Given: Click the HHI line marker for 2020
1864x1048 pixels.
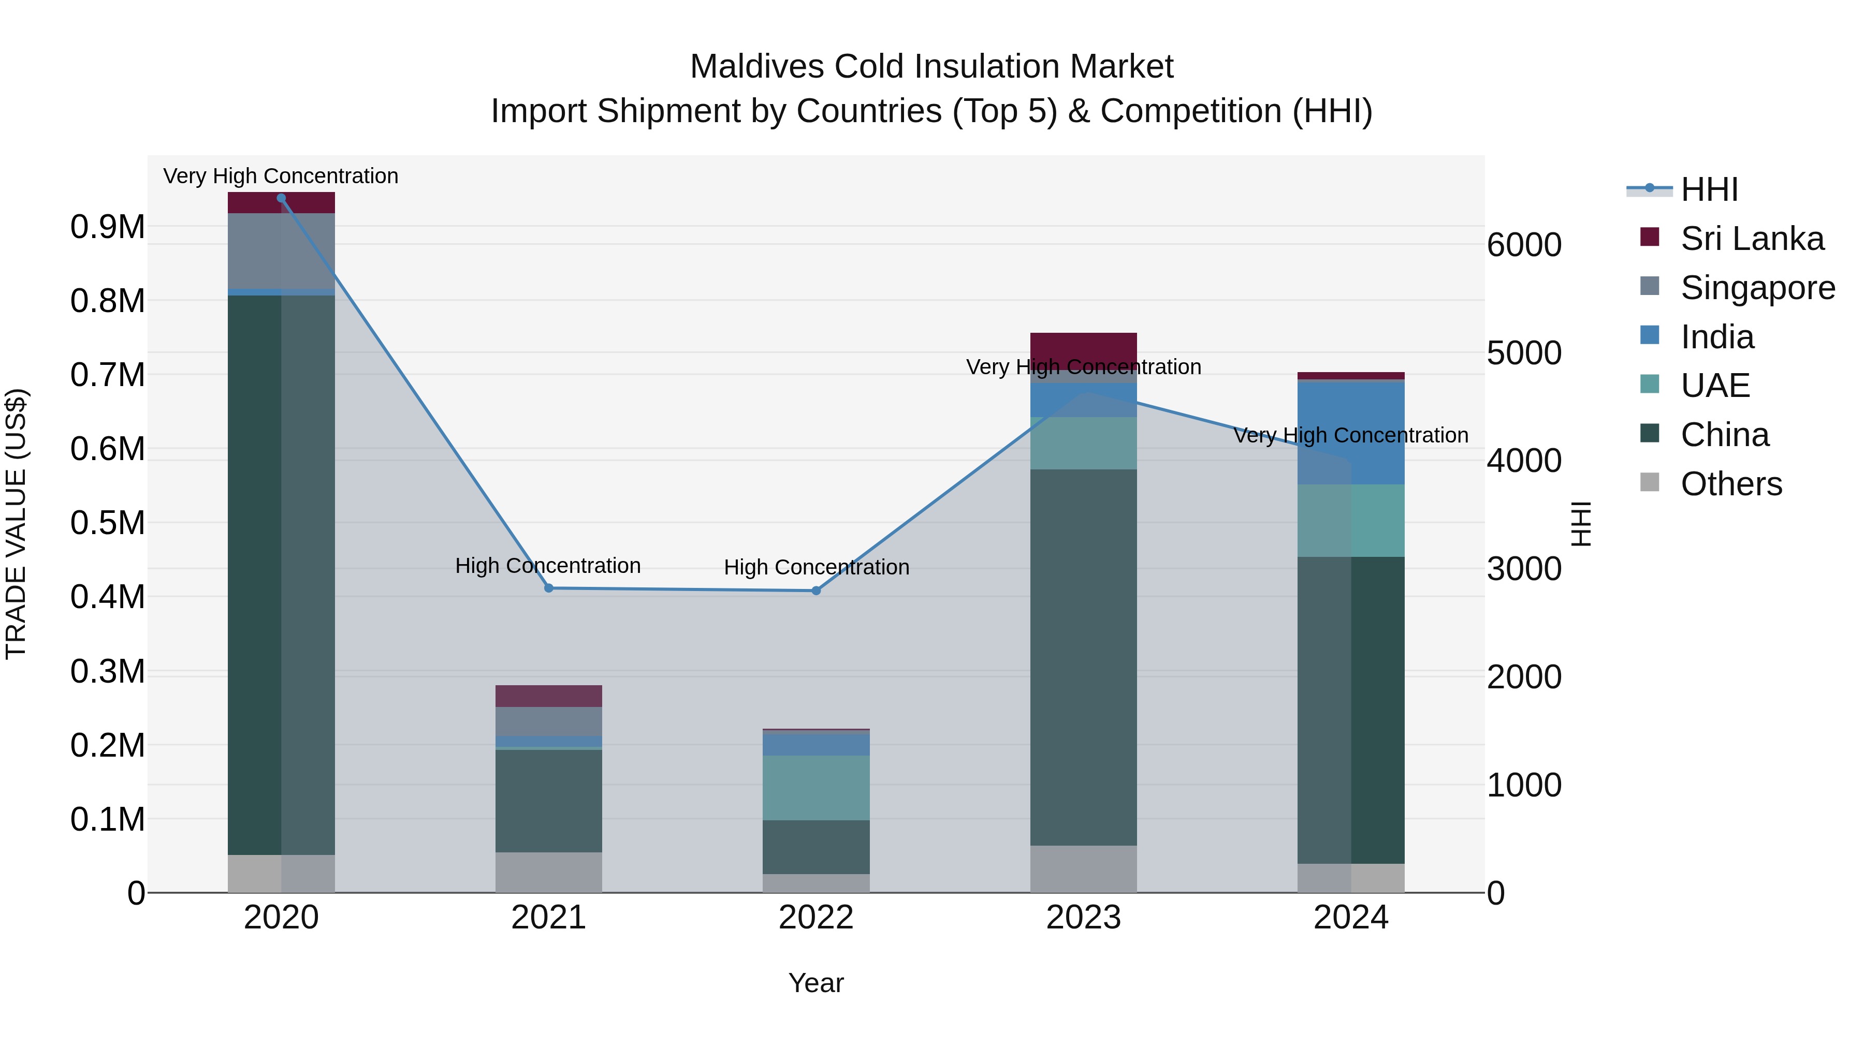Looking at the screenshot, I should pos(282,198).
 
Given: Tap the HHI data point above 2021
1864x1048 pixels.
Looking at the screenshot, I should pos(548,588).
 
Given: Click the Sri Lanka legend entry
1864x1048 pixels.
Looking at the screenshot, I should pos(1752,239).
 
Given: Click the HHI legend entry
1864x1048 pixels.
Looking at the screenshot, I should pos(1709,189).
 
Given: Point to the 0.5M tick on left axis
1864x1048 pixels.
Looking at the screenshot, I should pos(107,523).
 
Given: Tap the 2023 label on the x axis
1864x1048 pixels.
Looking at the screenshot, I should pos(1083,918).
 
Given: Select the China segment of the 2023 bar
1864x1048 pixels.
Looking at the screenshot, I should pos(1083,657).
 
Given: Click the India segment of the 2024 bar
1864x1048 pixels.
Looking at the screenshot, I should pos(1351,433).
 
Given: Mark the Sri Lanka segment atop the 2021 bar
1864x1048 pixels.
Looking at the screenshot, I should pos(548,696).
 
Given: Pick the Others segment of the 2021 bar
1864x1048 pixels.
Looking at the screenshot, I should pos(548,872).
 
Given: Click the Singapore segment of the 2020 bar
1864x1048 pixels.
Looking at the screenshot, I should pos(282,251).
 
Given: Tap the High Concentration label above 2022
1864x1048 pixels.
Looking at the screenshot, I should pos(816,567).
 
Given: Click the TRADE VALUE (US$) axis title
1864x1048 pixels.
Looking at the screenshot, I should pos(16,524).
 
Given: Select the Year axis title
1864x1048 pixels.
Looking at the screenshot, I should pos(815,983).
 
